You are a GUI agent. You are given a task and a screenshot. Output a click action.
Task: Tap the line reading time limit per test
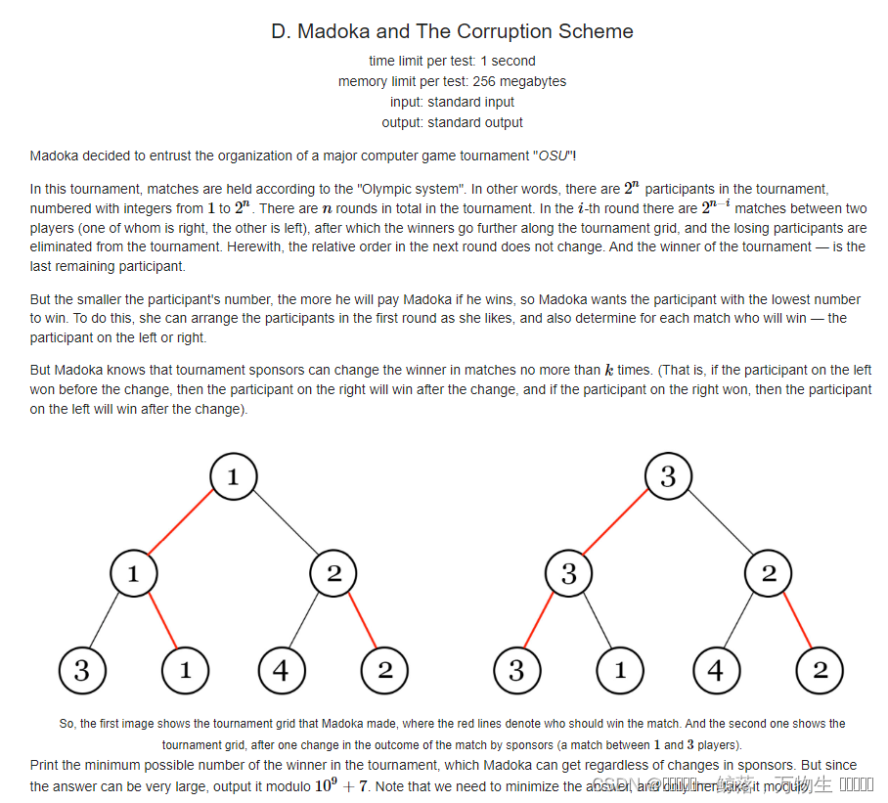coord(452,61)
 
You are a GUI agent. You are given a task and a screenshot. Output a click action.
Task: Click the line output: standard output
coord(452,122)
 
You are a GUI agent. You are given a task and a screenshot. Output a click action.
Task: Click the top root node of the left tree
coord(233,477)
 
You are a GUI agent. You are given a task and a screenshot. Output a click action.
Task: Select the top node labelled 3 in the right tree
coord(668,477)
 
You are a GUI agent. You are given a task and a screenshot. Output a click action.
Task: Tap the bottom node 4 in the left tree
coord(282,671)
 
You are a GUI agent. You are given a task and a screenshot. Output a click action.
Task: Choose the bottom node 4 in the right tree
coord(717,671)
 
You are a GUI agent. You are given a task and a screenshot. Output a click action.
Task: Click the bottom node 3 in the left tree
coord(82,671)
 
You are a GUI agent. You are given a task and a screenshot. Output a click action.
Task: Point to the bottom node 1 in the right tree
coord(620,671)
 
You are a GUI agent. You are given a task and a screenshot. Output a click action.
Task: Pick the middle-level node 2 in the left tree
coord(333,574)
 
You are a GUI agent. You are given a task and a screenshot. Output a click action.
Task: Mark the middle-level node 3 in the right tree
coord(569,574)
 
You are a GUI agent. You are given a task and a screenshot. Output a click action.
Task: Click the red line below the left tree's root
coord(183,525)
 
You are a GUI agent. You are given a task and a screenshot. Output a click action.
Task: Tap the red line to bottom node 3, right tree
coord(542,623)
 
